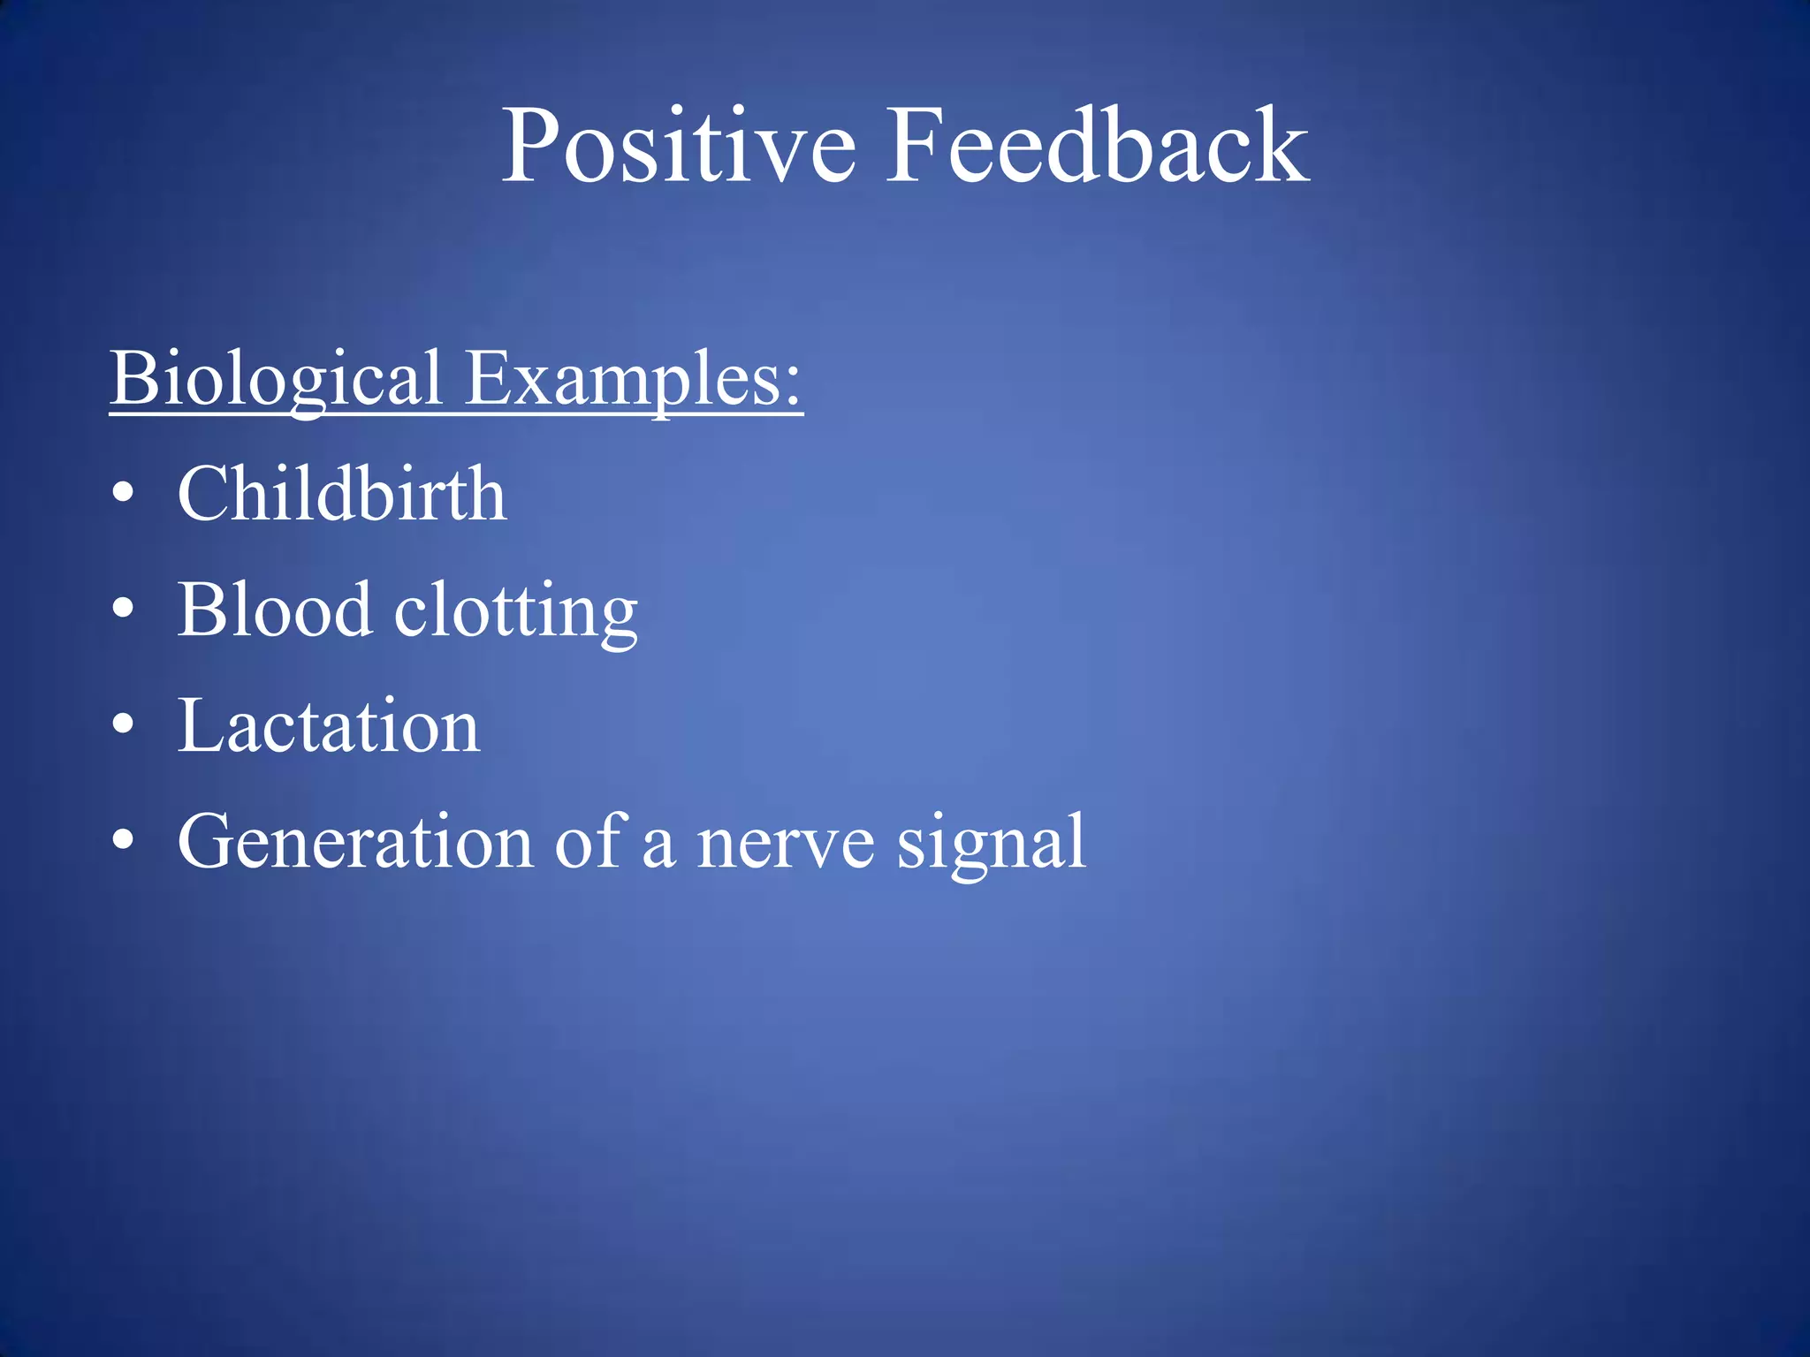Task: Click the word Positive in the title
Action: point(678,147)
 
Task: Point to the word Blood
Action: point(274,610)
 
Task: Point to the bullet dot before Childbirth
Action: point(124,493)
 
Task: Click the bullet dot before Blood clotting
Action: point(124,609)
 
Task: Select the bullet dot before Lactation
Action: point(124,725)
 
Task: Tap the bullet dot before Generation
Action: point(124,841)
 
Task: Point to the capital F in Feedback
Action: point(919,147)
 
